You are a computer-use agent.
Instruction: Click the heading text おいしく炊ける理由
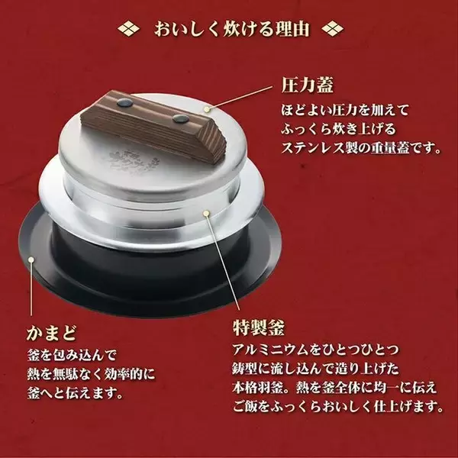coord(229,31)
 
